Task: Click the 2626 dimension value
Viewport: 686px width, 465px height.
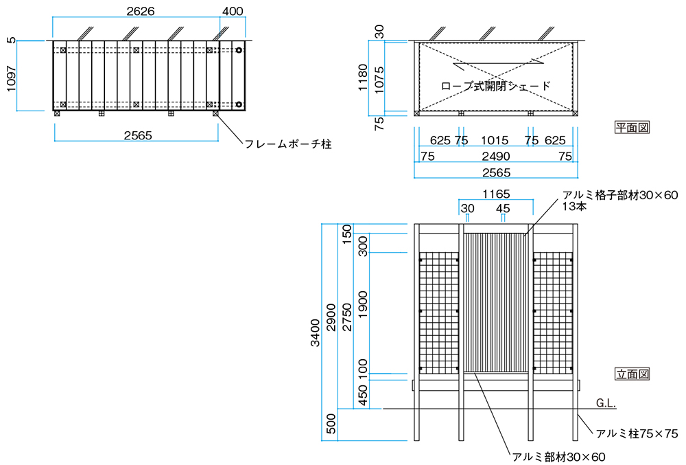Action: (x=140, y=12)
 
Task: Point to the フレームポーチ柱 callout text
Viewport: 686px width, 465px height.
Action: (x=288, y=145)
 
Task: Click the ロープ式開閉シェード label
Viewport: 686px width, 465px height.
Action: (x=495, y=86)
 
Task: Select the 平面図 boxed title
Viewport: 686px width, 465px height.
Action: (x=632, y=127)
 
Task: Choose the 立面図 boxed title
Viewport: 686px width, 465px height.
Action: (x=632, y=374)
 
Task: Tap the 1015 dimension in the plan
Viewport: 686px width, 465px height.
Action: (x=494, y=140)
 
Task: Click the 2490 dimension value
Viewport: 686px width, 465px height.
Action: (x=495, y=156)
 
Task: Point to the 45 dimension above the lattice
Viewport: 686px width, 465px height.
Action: (x=503, y=208)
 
